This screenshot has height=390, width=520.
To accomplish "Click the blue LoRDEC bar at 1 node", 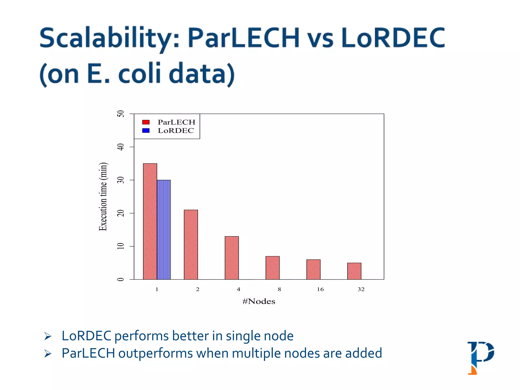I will click(x=164, y=230).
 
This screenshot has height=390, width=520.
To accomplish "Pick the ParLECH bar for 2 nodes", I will click(x=191, y=245).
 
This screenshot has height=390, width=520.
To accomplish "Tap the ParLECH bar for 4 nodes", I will click(x=232, y=258).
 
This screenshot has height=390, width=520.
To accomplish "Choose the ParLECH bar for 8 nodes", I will click(x=272, y=268).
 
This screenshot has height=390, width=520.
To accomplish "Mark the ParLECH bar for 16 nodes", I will click(x=313, y=269).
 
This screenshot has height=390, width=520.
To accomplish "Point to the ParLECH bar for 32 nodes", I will click(x=354, y=271).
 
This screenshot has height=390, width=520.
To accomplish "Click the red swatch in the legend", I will click(x=146, y=122).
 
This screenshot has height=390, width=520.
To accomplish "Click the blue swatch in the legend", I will click(x=146, y=131).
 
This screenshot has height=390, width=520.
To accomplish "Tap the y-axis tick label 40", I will click(x=121, y=147).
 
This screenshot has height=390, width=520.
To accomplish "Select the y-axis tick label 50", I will click(x=121, y=113).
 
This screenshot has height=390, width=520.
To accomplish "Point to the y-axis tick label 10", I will click(x=121, y=246).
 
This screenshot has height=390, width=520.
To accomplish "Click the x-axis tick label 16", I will click(x=320, y=289).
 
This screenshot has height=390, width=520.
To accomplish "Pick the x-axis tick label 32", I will click(x=361, y=289).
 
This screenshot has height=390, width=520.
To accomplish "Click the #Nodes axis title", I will click(x=259, y=301).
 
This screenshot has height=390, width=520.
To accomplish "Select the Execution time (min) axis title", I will click(x=103, y=197).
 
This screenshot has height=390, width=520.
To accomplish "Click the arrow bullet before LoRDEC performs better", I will click(x=48, y=336).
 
